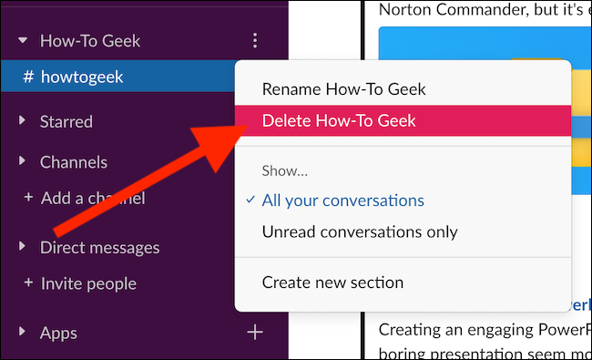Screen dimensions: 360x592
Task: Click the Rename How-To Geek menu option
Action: click(x=343, y=89)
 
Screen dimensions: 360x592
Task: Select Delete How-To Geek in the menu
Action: click(x=339, y=120)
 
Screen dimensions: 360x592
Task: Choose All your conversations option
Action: click(x=342, y=201)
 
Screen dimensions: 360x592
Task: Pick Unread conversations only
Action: click(x=359, y=231)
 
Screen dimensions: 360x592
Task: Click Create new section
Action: click(x=332, y=283)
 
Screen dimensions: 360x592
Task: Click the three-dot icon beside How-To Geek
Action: click(x=255, y=41)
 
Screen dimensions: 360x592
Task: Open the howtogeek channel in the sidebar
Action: click(x=82, y=77)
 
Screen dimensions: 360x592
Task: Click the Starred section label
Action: click(x=66, y=121)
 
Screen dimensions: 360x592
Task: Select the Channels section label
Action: click(x=74, y=162)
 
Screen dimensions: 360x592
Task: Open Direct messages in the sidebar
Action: click(x=99, y=247)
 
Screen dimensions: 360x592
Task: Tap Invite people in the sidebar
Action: click(x=88, y=283)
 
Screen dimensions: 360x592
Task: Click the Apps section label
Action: click(x=58, y=333)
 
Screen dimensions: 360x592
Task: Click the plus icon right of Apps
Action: click(x=255, y=333)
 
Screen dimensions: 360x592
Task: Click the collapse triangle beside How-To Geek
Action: click(x=22, y=41)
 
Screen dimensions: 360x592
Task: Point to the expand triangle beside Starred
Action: click(x=22, y=121)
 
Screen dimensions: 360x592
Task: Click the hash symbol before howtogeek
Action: click(x=28, y=77)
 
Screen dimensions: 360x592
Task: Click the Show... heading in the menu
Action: click(x=285, y=170)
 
